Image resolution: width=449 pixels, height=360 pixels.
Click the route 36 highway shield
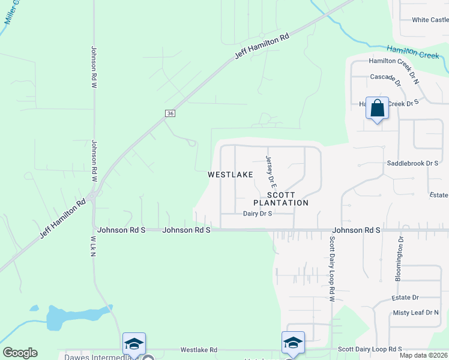click(x=170, y=113)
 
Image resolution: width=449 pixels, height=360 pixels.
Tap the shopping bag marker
click(x=377, y=109)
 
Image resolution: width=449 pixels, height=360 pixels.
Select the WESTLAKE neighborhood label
click(x=230, y=175)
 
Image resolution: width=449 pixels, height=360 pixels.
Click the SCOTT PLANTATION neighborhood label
click(x=288, y=199)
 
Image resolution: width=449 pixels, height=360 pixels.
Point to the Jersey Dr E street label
click(x=270, y=169)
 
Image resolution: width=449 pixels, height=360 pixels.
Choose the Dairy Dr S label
click(x=258, y=214)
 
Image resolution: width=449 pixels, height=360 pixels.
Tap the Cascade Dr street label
click(x=385, y=77)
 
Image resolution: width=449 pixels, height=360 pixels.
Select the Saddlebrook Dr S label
click(x=412, y=163)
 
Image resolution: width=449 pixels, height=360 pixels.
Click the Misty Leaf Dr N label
click(x=416, y=313)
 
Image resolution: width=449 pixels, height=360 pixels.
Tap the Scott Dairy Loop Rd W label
click(x=331, y=268)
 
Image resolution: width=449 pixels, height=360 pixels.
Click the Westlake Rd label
click(x=199, y=350)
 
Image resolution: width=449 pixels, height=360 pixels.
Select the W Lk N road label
click(x=94, y=247)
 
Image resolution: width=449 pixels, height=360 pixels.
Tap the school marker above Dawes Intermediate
click(x=134, y=344)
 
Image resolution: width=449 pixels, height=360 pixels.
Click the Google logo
click(x=20, y=353)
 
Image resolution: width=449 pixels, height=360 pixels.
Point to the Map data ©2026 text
click(x=423, y=355)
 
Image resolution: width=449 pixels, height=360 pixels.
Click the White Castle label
click(x=430, y=20)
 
